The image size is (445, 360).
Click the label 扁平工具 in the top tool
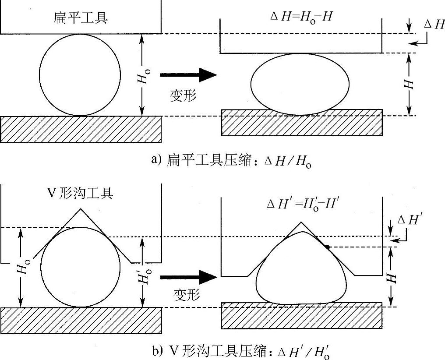(80, 18)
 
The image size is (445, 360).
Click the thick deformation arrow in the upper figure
(188, 75)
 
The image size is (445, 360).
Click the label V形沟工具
(80, 193)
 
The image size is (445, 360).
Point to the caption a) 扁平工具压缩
(231, 161)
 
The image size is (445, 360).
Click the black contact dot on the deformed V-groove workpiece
(327, 247)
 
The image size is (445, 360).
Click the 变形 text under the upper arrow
(183, 96)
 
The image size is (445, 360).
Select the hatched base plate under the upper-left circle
(81, 129)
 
